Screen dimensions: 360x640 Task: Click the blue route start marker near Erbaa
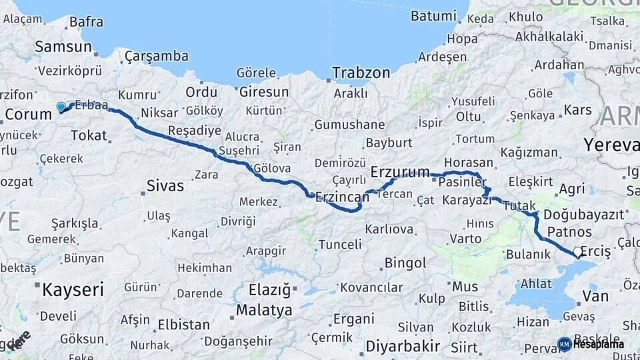pyautogui.click(x=61, y=107)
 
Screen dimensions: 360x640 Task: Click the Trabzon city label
pyautogui.click(x=361, y=73)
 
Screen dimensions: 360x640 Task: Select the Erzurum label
pyautogui.click(x=400, y=172)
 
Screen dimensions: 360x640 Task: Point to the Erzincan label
pyautogui.click(x=342, y=197)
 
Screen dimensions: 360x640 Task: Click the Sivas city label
pyautogui.click(x=165, y=185)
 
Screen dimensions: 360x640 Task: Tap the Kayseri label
pyautogui.click(x=73, y=289)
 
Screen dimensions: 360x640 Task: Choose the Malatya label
pyautogui.click(x=264, y=310)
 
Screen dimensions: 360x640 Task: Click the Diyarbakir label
pyautogui.click(x=403, y=346)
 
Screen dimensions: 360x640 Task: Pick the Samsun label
pyautogui.click(x=63, y=47)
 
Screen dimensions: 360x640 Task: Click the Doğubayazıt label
pyautogui.click(x=583, y=214)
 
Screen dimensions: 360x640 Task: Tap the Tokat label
pyautogui.click(x=88, y=135)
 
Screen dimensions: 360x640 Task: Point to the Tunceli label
pyautogui.click(x=339, y=245)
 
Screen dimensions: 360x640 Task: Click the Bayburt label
pyautogui.click(x=389, y=143)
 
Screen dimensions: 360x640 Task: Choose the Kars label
pyautogui.click(x=577, y=109)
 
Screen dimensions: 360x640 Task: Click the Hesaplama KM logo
pyautogui.click(x=565, y=344)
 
